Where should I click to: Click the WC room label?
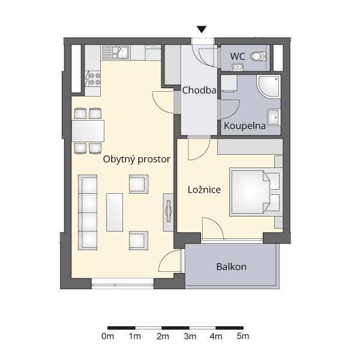pyautogui.click(x=238, y=56)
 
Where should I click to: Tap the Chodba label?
pyautogui.click(x=199, y=90)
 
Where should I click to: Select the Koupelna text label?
pyautogui.click(x=245, y=126)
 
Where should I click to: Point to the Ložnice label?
pyautogui.click(x=204, y=190)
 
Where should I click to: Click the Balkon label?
pyautogui.click(x=231, y=267)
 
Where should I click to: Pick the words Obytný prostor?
pyautogui.click(x=137, y=159)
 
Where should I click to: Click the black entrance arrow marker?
pyautogui.click(x=202, y=29)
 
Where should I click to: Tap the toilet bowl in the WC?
pyautogui.click(x=258, y=56)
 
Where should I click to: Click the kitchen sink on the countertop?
pyautogui.click(x=115, y=52)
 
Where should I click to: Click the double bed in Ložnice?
pyautogui.click(x=256, y=192)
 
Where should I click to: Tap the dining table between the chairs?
pyautogui.click(x=88, y=131)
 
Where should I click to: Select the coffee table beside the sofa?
pyautogui.click(x=115, y=212)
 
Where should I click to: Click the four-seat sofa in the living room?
pyautogui.click(x=88, y=212)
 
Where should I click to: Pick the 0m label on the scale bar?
pyautogui.click(x=107, y=337)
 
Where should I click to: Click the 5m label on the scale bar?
pyautogui.click(x=243, y=337)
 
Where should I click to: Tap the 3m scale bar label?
pyautogui.click(x=190, y=337)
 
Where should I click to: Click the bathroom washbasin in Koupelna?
pyautogui.click(x=274, y=117)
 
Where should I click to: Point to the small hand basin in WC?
pyautogui.click(x=238, y=67)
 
